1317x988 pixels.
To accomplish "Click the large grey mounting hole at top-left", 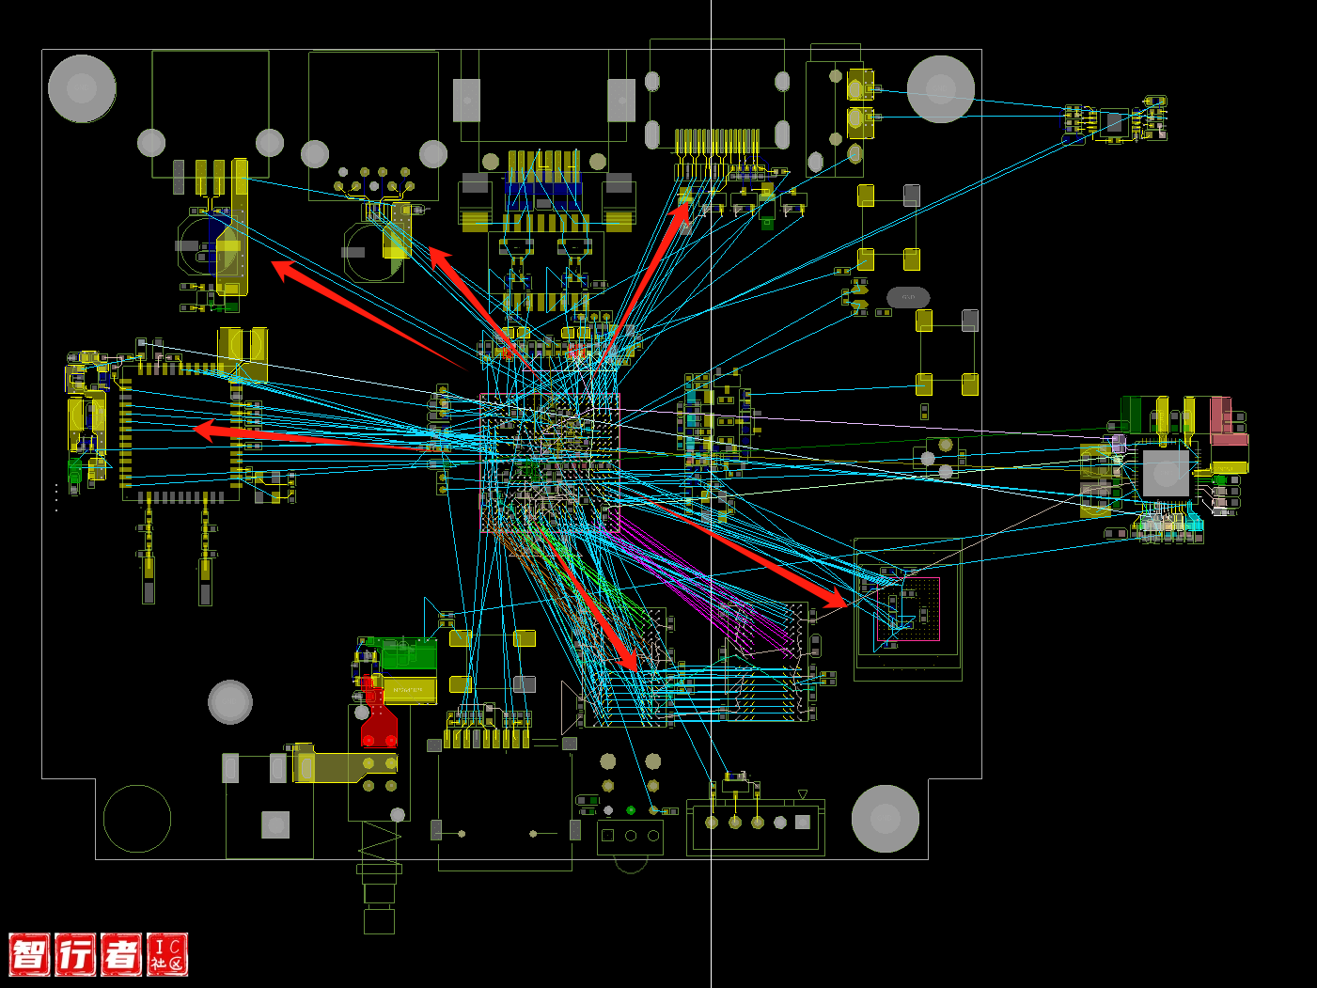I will [82, 88].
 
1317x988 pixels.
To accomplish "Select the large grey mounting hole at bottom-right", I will [885, 818].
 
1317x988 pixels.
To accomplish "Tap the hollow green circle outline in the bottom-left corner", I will [137, 818].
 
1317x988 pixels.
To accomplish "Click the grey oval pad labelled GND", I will [908, 297].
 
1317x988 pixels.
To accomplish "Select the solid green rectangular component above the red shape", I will [409, 654].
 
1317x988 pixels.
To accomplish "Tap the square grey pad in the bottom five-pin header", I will [802, 822].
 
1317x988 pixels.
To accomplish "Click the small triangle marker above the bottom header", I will [802, 794].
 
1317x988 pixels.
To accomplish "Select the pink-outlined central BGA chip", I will [549, 463].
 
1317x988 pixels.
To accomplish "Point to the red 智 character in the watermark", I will [29, 954].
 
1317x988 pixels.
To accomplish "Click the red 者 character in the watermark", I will [120, 954].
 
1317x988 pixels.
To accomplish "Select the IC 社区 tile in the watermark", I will [167, 954].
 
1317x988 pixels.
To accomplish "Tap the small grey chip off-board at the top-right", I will [1114, 122].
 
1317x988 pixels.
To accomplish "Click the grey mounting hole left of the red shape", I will [230, 701].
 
